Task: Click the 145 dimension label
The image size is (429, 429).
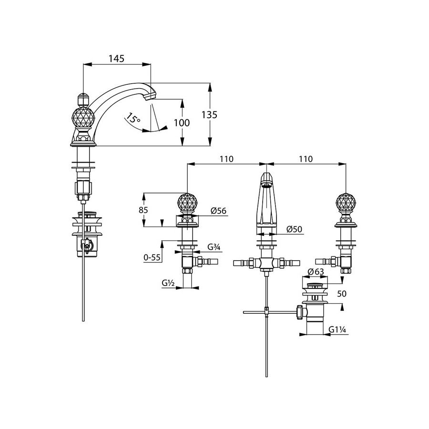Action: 116,59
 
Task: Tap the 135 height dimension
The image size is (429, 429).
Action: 210,115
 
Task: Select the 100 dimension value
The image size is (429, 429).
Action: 182,123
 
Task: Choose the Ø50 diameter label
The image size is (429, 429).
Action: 295,229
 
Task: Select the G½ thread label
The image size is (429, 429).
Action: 168,283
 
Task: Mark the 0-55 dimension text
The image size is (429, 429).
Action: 152,257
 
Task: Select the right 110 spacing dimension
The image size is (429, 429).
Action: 305,159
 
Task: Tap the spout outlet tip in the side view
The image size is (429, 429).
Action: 150,95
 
